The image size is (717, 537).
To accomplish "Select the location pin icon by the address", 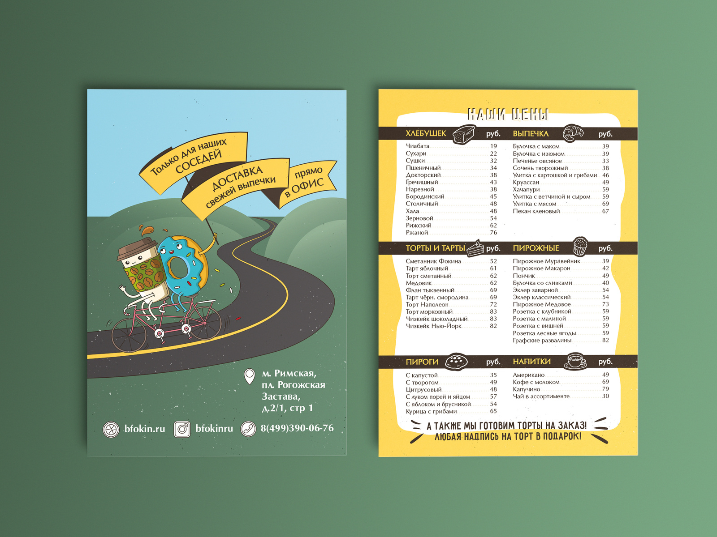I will (x=249, y=376).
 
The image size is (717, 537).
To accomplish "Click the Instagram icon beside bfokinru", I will (x=182, y=429).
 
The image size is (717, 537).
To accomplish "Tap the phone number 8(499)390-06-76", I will (x=297, y=428).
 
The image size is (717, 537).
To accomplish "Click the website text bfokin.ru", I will (x=144, y=429).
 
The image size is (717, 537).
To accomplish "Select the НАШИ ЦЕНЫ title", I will (x=508, y=115).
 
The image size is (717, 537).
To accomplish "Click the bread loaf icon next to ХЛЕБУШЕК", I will (x=463, y=134).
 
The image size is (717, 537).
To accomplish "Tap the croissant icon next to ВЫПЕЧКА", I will (x=573, y=133).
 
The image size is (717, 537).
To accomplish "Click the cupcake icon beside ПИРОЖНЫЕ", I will (x=580, y=246).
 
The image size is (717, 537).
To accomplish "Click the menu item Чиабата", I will (x=418, y=146).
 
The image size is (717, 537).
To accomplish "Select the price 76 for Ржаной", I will (x=493, y=233).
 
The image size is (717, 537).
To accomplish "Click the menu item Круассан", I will (x=526, y=183).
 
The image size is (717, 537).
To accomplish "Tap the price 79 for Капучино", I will (x=605, y=389).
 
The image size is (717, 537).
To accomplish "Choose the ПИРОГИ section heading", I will (x=422, y=362).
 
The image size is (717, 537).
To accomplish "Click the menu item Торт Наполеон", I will (x=427, y=305).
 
